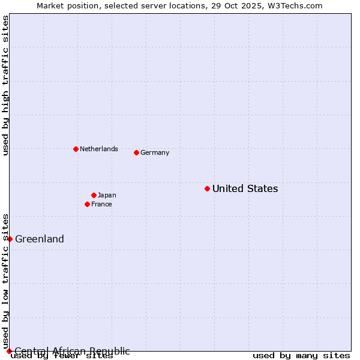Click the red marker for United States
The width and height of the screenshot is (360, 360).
207,188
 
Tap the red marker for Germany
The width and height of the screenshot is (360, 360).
136,152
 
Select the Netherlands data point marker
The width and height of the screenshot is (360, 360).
76,149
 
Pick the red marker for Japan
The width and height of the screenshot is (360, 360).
94,195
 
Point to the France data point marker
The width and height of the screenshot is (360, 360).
87,204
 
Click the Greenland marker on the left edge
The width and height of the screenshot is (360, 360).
10,239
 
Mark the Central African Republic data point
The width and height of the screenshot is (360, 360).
9,351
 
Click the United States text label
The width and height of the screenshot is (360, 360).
245,188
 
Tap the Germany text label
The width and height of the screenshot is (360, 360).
155,152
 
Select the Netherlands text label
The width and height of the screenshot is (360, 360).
98,149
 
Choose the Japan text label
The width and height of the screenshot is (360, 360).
107,195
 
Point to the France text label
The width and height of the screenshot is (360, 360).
101,204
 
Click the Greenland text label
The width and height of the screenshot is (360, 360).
40,239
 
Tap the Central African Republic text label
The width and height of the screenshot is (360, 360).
72,351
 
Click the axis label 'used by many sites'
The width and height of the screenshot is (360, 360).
301,356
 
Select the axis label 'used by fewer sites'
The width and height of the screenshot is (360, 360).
62,356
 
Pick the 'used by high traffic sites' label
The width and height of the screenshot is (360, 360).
6,86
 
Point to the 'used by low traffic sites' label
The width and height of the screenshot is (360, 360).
6,281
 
